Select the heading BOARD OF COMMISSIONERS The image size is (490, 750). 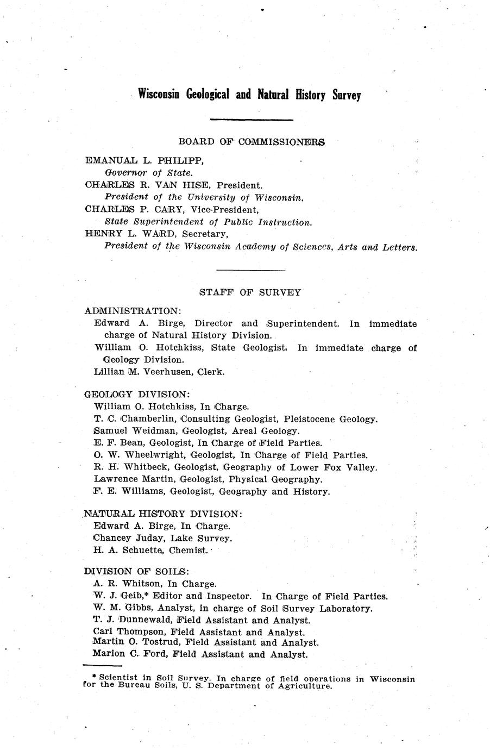[252, 142]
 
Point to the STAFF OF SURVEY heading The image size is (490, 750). [250, 292]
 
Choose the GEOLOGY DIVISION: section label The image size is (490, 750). [137, 394]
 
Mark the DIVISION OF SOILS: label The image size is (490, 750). [137, 571]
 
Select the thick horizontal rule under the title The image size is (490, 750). [251, 120]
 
